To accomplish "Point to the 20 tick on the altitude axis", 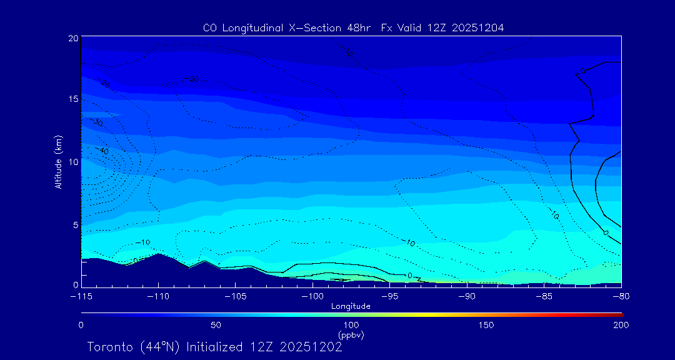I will click(73, 38).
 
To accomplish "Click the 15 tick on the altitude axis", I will click(73, 99).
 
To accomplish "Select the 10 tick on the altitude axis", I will click(73, 161).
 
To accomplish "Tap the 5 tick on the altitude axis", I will click(75, 224).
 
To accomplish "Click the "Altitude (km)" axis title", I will click(58, 162).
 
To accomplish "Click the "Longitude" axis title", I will click(351, 306).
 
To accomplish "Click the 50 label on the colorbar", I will click(216, 325).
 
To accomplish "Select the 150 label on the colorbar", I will click(486, 325).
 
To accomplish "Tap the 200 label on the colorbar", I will click(621, 325).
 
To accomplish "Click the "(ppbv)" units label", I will click(351, 336).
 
